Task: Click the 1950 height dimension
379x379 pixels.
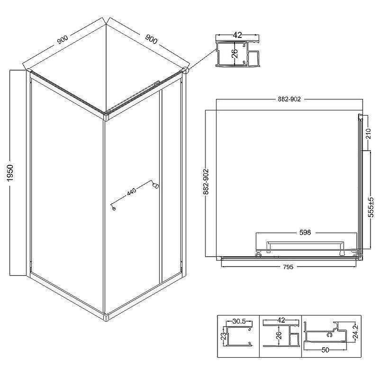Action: coord(10,173)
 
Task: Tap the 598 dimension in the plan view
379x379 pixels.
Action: coord(305,233)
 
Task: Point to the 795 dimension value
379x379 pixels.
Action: coord(288,267)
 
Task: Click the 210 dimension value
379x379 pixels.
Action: coord(368,134)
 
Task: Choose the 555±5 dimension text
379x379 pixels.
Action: coord(371,207)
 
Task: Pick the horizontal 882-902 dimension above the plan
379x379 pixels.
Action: coord(289,99)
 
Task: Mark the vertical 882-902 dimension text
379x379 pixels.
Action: coord(206,181)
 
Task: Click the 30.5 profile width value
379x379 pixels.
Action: coord(239,322)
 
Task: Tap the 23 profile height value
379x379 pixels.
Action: coord(224,336)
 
